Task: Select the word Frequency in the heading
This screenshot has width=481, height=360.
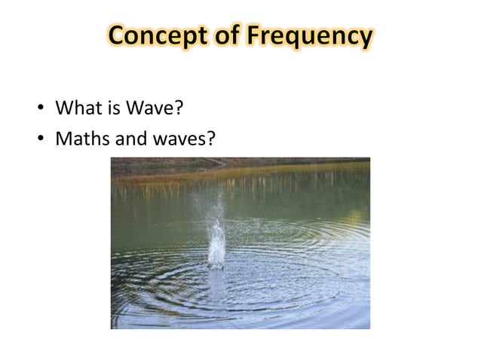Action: pos(311,36)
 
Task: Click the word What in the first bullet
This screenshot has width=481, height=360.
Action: pos(78,110)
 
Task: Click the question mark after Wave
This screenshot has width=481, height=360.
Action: pos(179,110)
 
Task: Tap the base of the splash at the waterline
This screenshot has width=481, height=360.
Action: pos(216,264)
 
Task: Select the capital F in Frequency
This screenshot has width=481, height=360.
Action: pos(257,35)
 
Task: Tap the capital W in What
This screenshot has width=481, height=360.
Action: pos(64,110)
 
